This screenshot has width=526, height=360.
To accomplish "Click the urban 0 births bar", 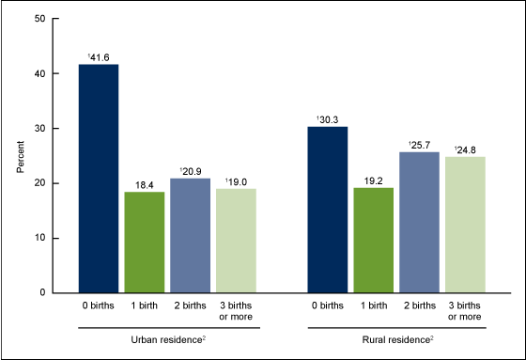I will pos(99,179).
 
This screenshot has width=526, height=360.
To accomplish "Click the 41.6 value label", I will pos(100,56).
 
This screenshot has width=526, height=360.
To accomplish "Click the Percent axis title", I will pos(21,156).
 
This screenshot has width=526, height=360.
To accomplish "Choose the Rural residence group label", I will pos(401,338).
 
